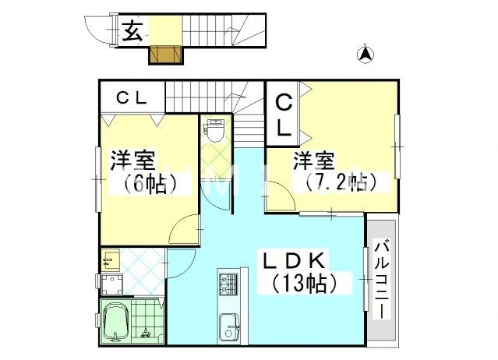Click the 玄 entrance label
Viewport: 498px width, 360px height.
tap(132, 32)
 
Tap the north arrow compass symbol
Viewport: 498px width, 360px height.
tap(364, 54)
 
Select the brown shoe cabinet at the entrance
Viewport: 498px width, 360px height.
tap(165, 55)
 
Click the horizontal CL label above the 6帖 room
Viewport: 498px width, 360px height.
tap(131, 98)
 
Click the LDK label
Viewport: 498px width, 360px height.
tap(296, 259)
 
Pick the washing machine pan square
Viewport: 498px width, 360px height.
tap(113, 283)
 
